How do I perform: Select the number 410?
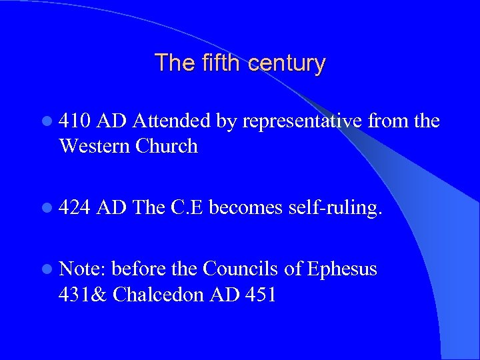click(x=75, y=121)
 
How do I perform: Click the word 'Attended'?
click(x=172, y=121)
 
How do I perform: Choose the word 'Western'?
click(x=94, y=146)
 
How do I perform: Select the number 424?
click(x=75, y=208)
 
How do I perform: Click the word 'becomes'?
click(x=246, y=208)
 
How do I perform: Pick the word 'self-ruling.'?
click(x=336, y=208)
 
